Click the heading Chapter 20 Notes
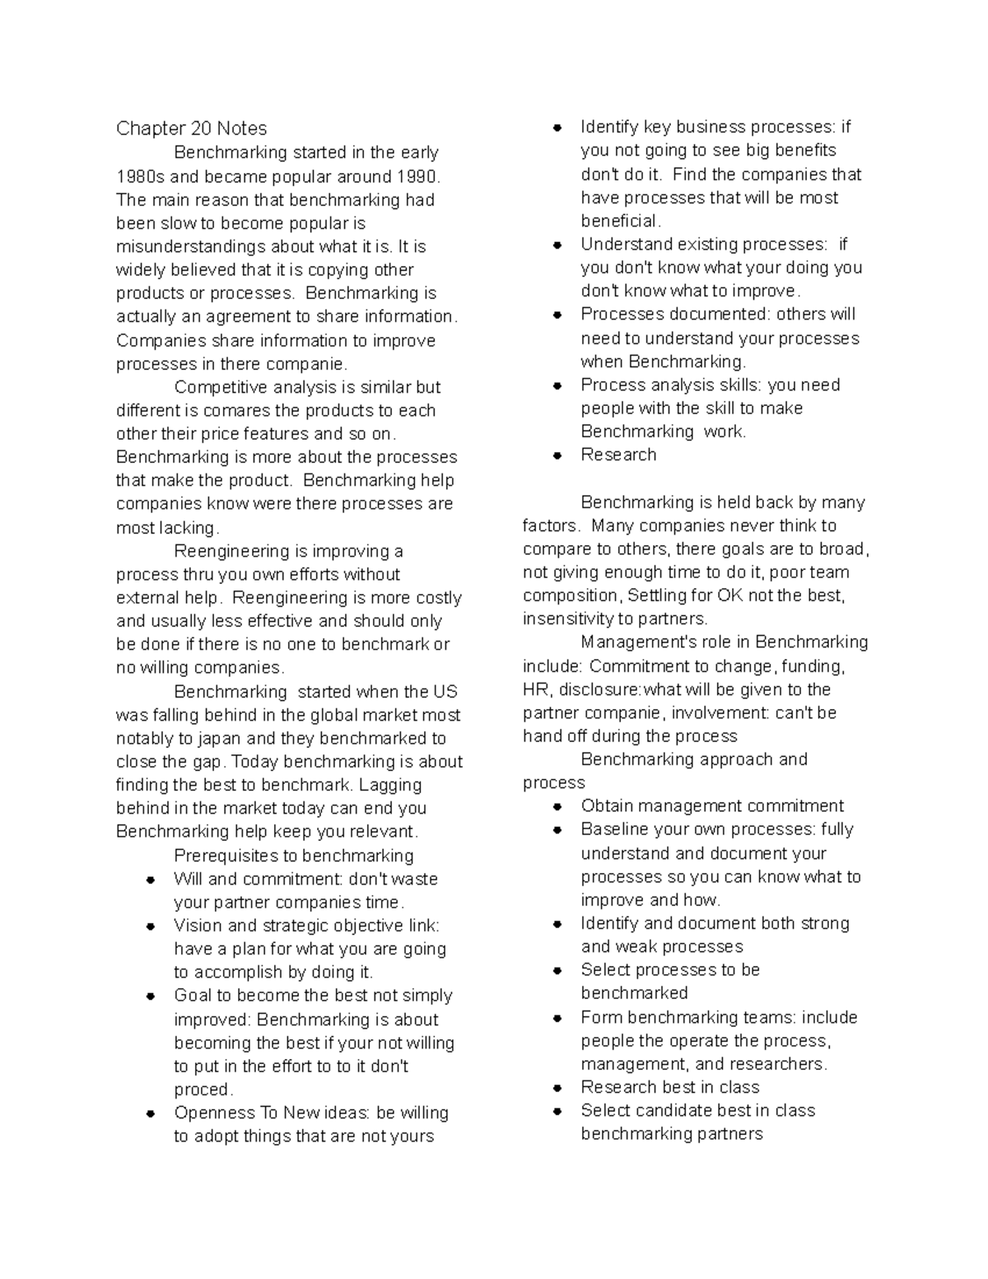click(191, 128)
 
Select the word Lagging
click(390, 785)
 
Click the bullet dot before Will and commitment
click(151, 880)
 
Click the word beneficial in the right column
click(619, 221)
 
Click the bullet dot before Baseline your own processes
click(557, 829)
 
